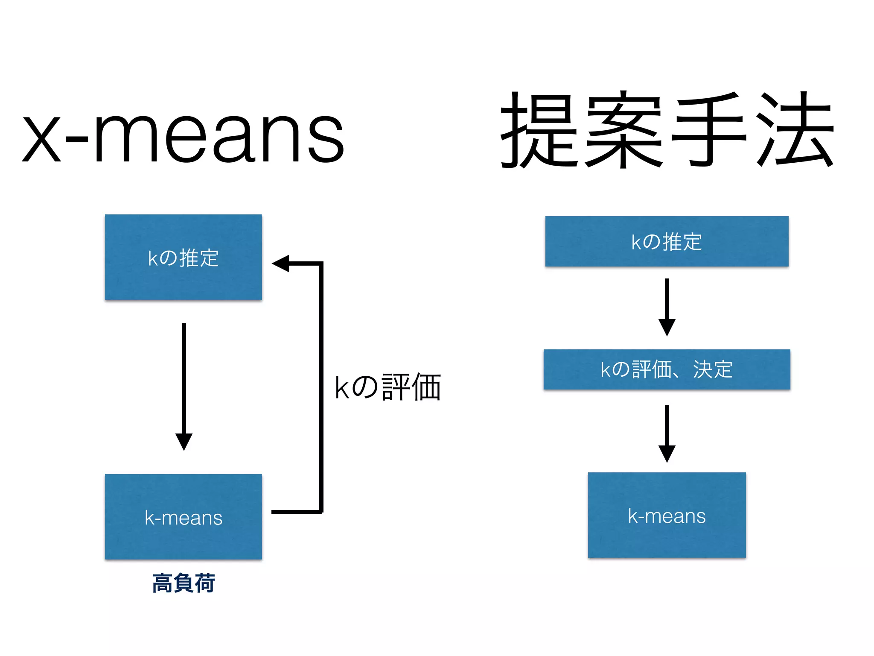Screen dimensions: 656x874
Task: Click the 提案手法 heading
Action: coord(667,130)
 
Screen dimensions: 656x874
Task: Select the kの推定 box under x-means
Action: coord(184,257)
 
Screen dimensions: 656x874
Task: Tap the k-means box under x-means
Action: coord(184,517)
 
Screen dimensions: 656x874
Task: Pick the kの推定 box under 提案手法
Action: coord(667,241)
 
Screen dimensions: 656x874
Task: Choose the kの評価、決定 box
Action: coord(667,369)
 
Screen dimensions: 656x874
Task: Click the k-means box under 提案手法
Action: coord(667,515)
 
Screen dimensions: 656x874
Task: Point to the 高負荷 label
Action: coord(184,583)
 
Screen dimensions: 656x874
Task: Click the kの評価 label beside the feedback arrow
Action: coord(387,387)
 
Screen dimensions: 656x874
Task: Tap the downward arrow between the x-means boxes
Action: coord(184,384)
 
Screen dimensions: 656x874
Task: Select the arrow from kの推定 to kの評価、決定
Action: coord(667,307)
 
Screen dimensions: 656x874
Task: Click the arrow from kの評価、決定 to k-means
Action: coord(667,433)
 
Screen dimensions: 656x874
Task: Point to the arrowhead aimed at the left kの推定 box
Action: coord(282,264)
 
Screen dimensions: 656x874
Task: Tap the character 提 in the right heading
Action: coord(539,130)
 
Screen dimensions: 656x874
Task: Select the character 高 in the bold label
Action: coord(162,583)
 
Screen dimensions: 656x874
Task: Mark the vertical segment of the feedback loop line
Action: coord(321,387)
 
